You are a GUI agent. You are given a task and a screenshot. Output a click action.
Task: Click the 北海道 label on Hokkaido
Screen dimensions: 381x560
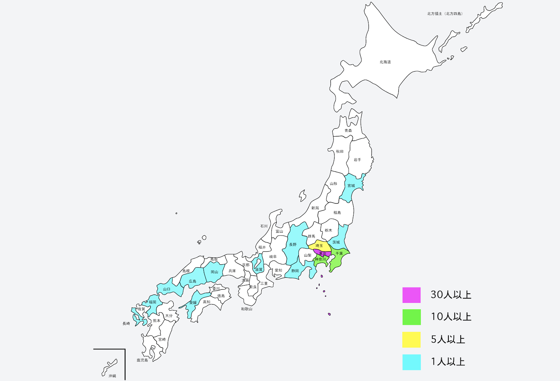[385, 62]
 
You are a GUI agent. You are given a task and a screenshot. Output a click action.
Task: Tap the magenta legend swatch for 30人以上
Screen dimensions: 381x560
[411, 295]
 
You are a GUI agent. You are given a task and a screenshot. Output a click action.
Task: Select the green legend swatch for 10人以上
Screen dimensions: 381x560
[411, 317]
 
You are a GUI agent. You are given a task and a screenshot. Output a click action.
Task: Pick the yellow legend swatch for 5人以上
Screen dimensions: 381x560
[411, 340]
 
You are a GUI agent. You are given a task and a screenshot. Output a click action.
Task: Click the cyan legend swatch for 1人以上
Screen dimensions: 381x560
[411, 362]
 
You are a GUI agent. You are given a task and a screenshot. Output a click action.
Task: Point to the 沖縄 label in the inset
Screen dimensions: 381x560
[112, 376]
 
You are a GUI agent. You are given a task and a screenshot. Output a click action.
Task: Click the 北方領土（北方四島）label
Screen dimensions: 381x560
[445, 14]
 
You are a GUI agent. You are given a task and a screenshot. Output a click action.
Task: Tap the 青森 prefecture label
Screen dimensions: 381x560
[348, 130]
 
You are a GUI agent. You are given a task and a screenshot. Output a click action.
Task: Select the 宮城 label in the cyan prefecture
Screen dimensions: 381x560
[351, 186]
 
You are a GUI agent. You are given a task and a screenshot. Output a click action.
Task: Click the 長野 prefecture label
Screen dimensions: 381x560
[293, 245]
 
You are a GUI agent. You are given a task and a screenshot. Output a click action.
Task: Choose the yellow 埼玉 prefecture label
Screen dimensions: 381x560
[319, 246]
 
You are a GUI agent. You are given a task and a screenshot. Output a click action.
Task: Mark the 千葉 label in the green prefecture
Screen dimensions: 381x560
[339, 254]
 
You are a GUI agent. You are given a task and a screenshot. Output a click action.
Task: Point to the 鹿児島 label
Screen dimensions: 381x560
[142, 360]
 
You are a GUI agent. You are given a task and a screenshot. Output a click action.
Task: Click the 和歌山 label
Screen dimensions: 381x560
[246, 309]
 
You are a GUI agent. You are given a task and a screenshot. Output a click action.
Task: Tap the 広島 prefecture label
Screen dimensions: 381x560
[192, 281]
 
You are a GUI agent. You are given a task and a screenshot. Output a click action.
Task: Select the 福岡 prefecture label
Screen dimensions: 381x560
[152, 302]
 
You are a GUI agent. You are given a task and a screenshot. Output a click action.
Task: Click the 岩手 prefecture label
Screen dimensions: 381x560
[357, 160]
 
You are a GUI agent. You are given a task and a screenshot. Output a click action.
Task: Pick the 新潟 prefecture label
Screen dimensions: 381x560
[315, 208]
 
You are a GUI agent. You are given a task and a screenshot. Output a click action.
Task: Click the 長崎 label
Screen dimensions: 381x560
[126, 324]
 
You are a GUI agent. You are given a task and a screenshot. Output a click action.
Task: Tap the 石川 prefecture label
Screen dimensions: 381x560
[264, 226]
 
